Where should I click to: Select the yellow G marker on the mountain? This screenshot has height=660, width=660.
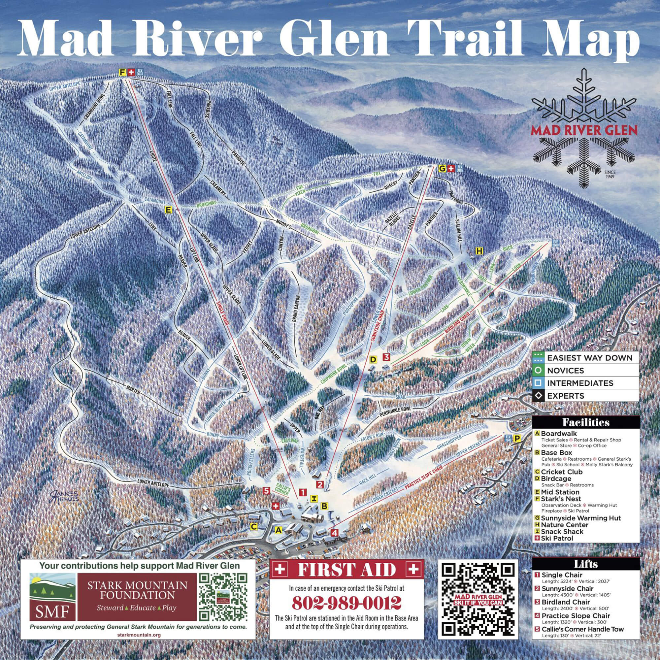[x=442, y=168]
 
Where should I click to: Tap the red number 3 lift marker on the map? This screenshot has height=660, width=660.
[x=386, y=357]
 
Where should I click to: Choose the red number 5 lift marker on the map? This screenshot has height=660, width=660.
[x=267, y=491]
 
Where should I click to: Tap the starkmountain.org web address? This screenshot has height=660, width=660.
[x=138, y=635]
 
